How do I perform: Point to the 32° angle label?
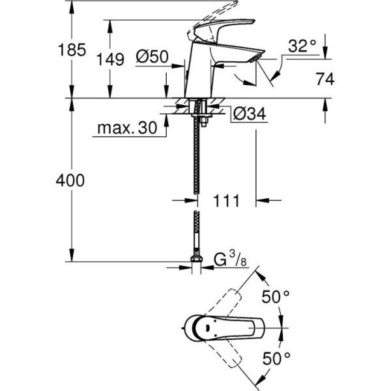(x=302, y=46)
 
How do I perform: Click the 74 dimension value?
(x=324, y=80)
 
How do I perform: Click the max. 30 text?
(x=128, y=128)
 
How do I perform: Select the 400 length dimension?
(x=70, y=181)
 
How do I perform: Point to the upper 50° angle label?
(x=276, y=297)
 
